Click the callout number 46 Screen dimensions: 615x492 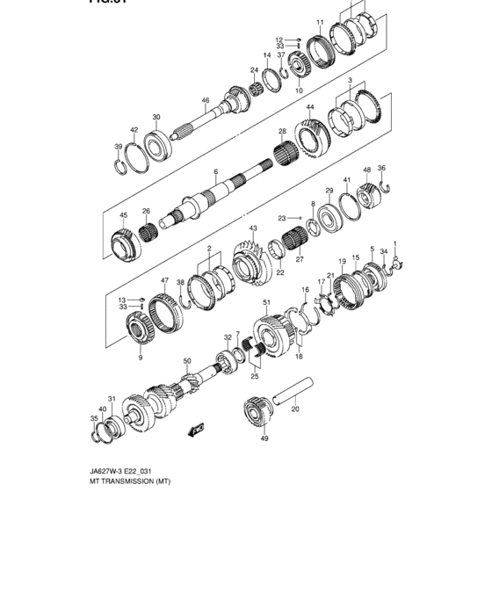[x=206, y=101]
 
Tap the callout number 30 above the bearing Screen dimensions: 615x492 [x=156, y=118]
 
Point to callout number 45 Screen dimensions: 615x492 [x=124, y=215]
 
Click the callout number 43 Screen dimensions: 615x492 [x=252, y=228]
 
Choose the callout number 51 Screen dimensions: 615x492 [x=266, y=303]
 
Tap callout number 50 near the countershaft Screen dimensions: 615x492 [x=186, y=361]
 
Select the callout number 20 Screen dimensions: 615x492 [x=295, y=408]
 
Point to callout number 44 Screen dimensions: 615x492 [x=310, y=107]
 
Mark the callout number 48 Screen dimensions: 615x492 [x=367, y=170]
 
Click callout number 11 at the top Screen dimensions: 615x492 [x=321, y=22]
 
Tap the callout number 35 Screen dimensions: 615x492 [x=93, y=419]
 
